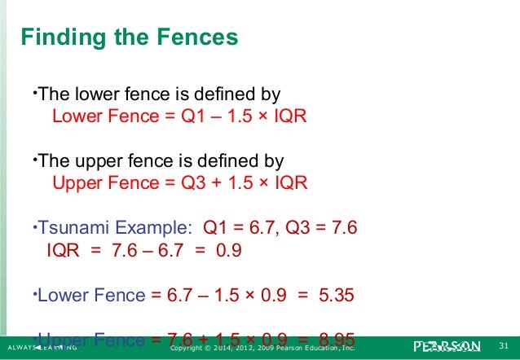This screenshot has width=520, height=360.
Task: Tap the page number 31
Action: [503, 349]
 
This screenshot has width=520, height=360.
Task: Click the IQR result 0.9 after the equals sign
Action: [229, 250]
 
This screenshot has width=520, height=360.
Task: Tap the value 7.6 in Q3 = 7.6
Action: [340, 227]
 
